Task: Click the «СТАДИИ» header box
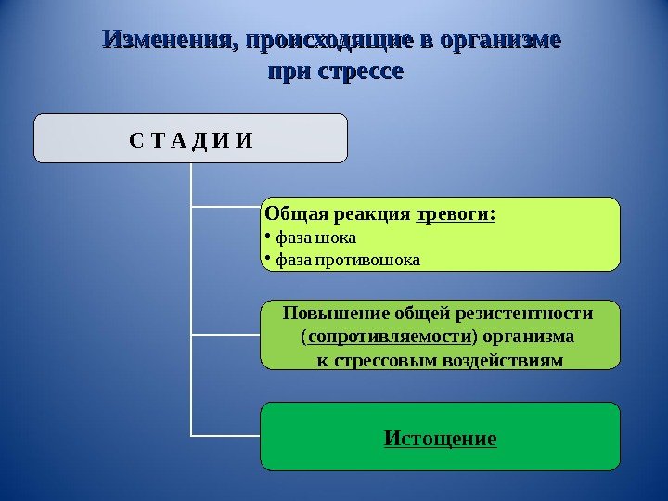[190, 138]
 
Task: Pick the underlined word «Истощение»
[441, 437]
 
